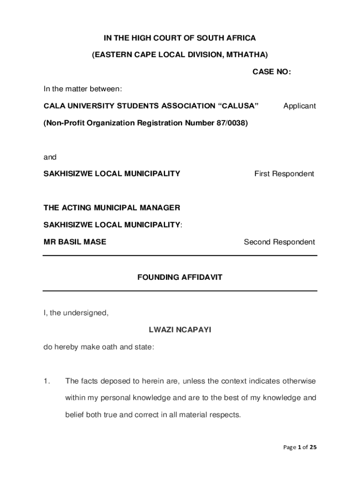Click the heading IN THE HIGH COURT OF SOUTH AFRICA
(180, 38)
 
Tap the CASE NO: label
(272, 72)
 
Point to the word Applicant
(299, 106)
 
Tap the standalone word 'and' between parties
(50, 157)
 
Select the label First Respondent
(284, 174)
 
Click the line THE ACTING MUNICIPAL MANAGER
(112, 208)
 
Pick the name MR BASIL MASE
(75, 242)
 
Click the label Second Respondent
(279, 242)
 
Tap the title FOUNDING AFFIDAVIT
(180, 277)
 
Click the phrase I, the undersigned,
(76, 313)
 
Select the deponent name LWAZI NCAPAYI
(180, 330)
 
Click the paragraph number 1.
(46, 381)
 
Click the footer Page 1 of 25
(300, 447)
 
